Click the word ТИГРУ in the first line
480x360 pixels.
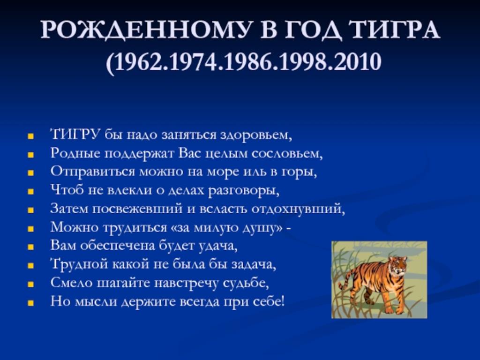75,135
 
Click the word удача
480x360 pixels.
218,246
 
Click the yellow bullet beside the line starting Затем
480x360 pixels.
30,210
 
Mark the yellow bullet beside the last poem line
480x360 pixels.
30,303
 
